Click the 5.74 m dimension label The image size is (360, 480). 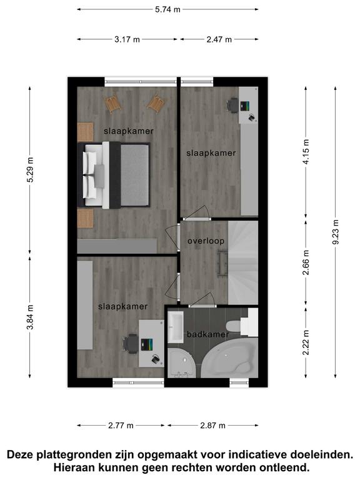tap(167, 9)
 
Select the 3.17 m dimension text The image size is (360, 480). tap(127, 39)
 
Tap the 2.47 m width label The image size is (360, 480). tap(219, 39)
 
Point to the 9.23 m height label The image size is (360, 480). tap(336, 232)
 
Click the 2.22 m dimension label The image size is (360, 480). tap(306, 342)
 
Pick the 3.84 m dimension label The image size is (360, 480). tap(30, 317)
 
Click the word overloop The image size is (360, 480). tap(206, 241)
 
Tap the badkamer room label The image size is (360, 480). tap(208, 334)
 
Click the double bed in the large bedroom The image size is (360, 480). tap(114, 175)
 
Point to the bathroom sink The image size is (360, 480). tap(176, 327)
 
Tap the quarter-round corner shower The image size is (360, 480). tap(181, 363)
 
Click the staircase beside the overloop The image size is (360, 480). tap(243, 262)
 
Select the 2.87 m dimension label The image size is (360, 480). tap(212, 426)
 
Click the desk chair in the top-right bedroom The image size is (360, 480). tap(232, 106)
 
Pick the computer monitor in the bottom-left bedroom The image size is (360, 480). tap(147, 344)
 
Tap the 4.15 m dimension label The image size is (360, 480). tap(306, 151)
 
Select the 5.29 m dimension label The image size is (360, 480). tap(30, 170)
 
